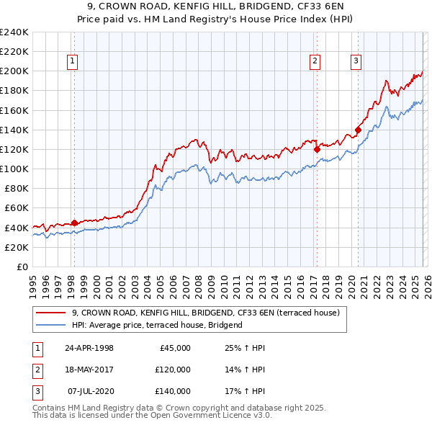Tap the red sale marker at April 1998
click(x=74, y=223)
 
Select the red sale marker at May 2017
click(x=317, y=149)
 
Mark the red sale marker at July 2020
click(x=358, y=130)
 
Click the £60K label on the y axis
click(x=16, y=207)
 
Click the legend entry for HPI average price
click(x=157, y=325)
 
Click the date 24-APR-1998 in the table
click(x=89, y=348)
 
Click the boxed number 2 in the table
click(x=35, y=370)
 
